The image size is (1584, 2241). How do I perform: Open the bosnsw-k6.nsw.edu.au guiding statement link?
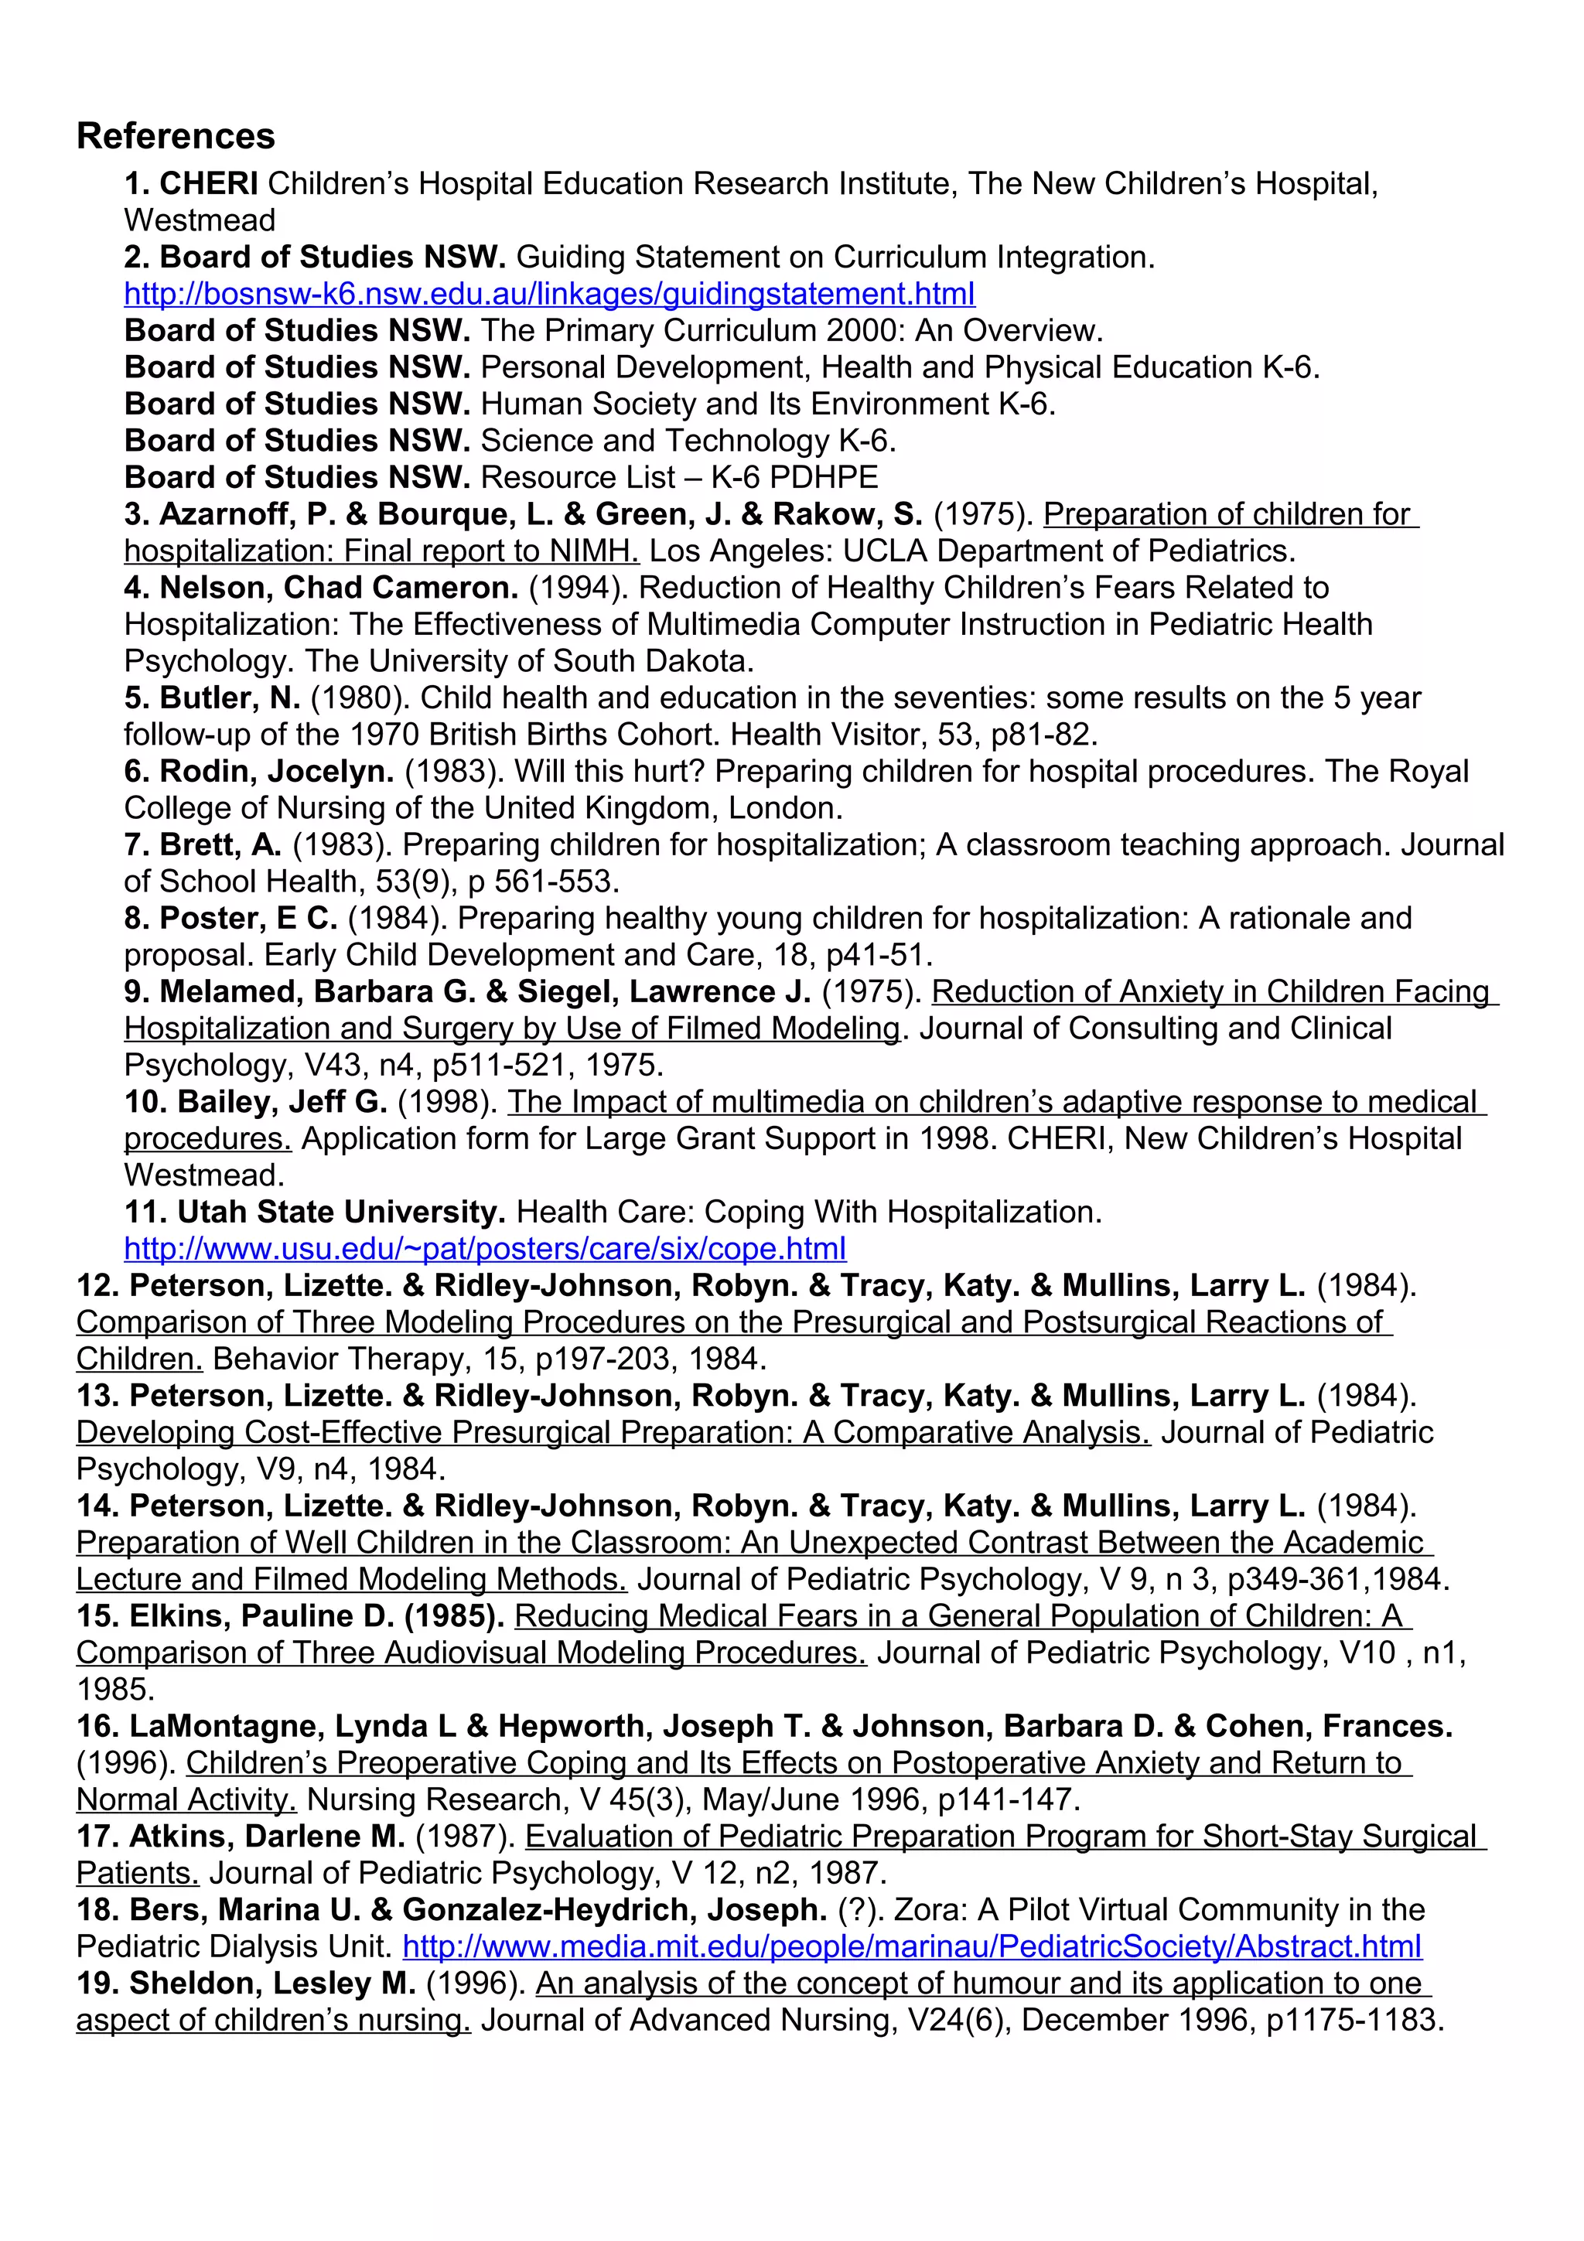(548, 294)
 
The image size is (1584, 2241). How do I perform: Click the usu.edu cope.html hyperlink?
(484, 1248)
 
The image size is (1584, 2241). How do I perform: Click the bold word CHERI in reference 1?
(209, 183)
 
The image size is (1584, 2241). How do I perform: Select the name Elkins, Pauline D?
(261, 1616)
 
